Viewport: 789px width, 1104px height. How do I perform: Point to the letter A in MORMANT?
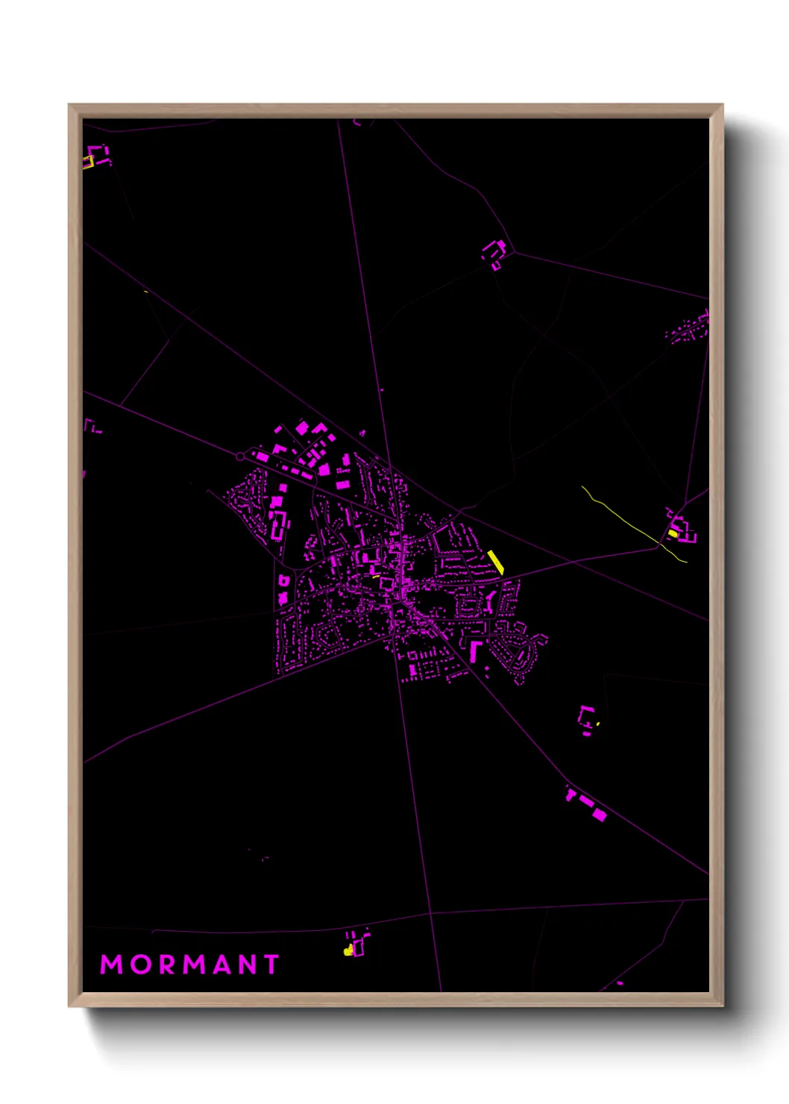219,965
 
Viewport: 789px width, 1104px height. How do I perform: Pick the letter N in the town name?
245,965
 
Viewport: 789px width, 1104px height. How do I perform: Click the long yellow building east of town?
496,562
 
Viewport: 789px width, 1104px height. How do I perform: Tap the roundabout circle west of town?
240,455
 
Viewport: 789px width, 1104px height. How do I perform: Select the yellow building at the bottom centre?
348,950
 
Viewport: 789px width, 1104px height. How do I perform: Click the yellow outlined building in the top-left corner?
88,161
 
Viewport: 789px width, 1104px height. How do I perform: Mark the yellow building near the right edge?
673,533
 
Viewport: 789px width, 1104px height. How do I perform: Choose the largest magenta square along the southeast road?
598,814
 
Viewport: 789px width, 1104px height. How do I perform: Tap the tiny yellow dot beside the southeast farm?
598,724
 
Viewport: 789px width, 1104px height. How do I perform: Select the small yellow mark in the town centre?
376,576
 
